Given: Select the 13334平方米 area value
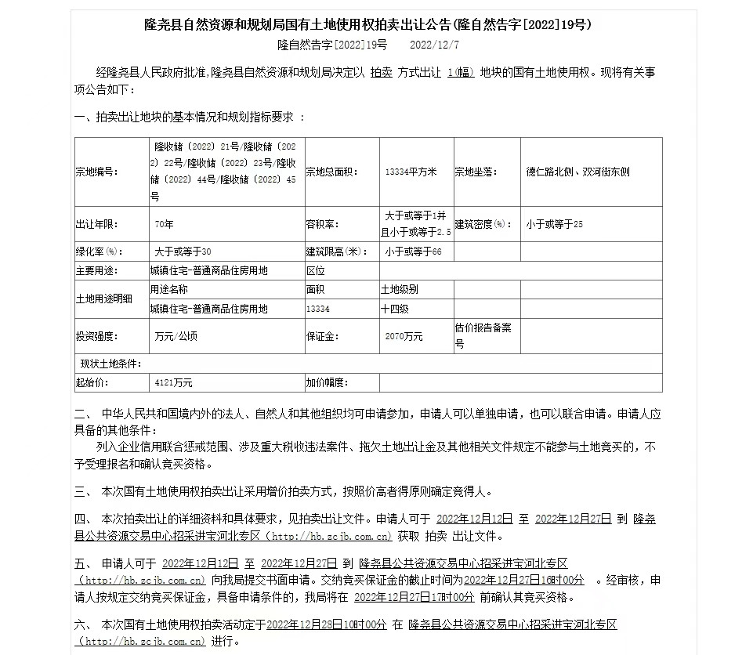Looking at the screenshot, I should [411, 172].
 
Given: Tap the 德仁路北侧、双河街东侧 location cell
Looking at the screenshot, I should [577, 172].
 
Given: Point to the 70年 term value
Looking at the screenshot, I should [164, 224].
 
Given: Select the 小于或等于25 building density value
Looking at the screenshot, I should [555, 224].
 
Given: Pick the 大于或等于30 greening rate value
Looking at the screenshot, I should [183, 252].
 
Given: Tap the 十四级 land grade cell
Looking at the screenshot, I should [395, 309].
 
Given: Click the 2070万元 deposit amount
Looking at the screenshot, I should [404, 336].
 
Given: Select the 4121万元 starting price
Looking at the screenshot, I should [173, 383].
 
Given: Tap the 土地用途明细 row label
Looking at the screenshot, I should [103, 299].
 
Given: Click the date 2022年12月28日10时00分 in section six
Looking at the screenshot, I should [327, 624].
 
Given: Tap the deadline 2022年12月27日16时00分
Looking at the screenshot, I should [524, 580].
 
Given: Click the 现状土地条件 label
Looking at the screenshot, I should [110, 364].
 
